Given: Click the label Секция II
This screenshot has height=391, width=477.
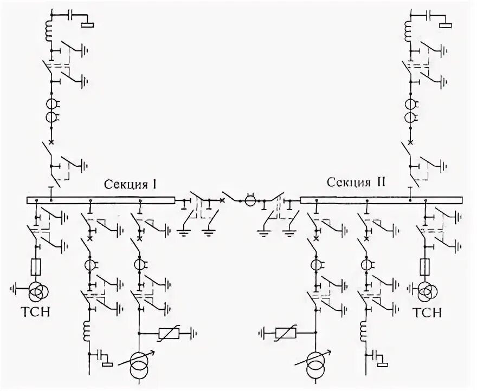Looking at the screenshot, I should pyautogui.click(x=356, y=181).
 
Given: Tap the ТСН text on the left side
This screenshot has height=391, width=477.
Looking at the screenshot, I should pyautogui.click(x=35, y=313).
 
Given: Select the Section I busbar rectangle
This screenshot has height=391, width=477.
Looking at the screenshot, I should pyautogui.click(x=101, y=200).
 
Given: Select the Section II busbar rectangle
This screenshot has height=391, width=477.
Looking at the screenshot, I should pyautogui.click(x=382, y=200).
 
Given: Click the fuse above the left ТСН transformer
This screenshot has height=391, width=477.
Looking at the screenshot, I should pyautogui.click(x=37, y=267).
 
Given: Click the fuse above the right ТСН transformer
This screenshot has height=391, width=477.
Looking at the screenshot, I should pyautogui.click(x=425, y=266).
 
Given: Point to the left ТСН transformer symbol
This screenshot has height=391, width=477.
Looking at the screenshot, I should pyautogui.click(x=36, y=291).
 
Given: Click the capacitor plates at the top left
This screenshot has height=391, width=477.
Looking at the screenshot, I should pyautogui.click(x=70, y=16).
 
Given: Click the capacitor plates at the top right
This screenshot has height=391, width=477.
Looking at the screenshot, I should pyautogui.click(x=429, y=16).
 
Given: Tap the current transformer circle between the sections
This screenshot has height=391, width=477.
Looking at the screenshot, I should pyautogui.click(x=251, y=201).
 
